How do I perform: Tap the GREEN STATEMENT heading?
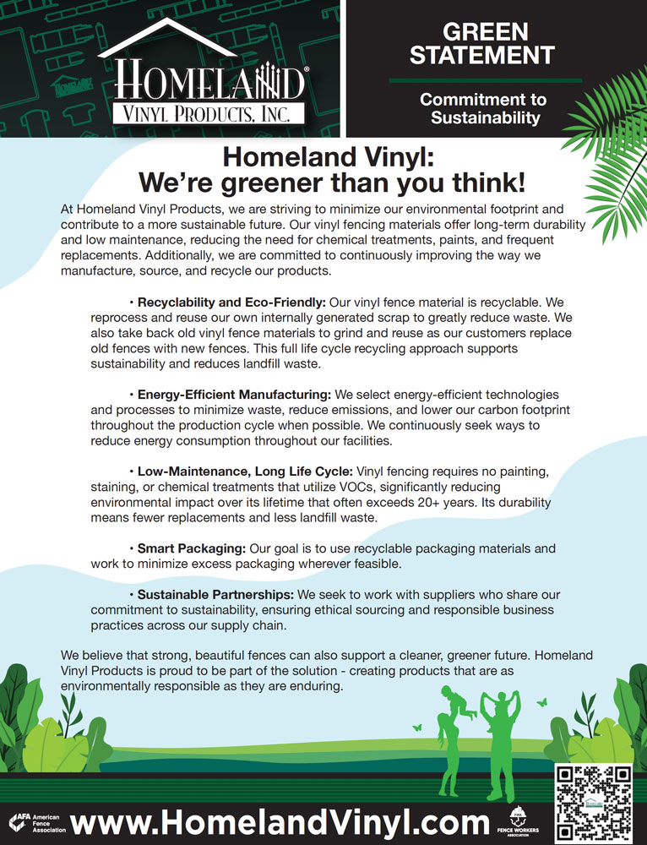coord(482,44)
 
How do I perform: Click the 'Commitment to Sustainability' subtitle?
coord(484,109)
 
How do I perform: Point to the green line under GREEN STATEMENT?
coord(485,80)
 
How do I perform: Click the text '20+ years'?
coord(491,502)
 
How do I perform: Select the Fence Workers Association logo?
coord(517,821)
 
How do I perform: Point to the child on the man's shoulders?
coord(495,703)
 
